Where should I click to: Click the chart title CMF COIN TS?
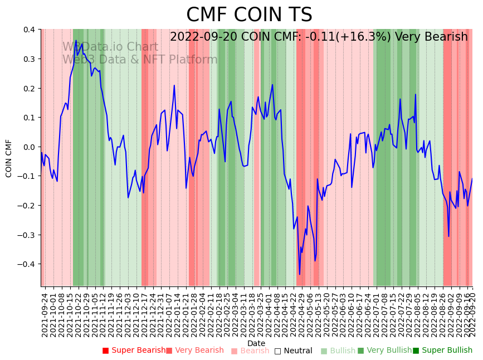click(x=249, y=15)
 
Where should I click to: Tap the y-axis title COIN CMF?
click(x=9, y=158)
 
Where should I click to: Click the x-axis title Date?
click(x=256, y=343)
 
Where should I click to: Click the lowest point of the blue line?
click(x=299, y=274)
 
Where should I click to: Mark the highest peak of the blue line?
click(x=76, y=41)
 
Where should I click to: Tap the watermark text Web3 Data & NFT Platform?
click(x=140, y=60)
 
